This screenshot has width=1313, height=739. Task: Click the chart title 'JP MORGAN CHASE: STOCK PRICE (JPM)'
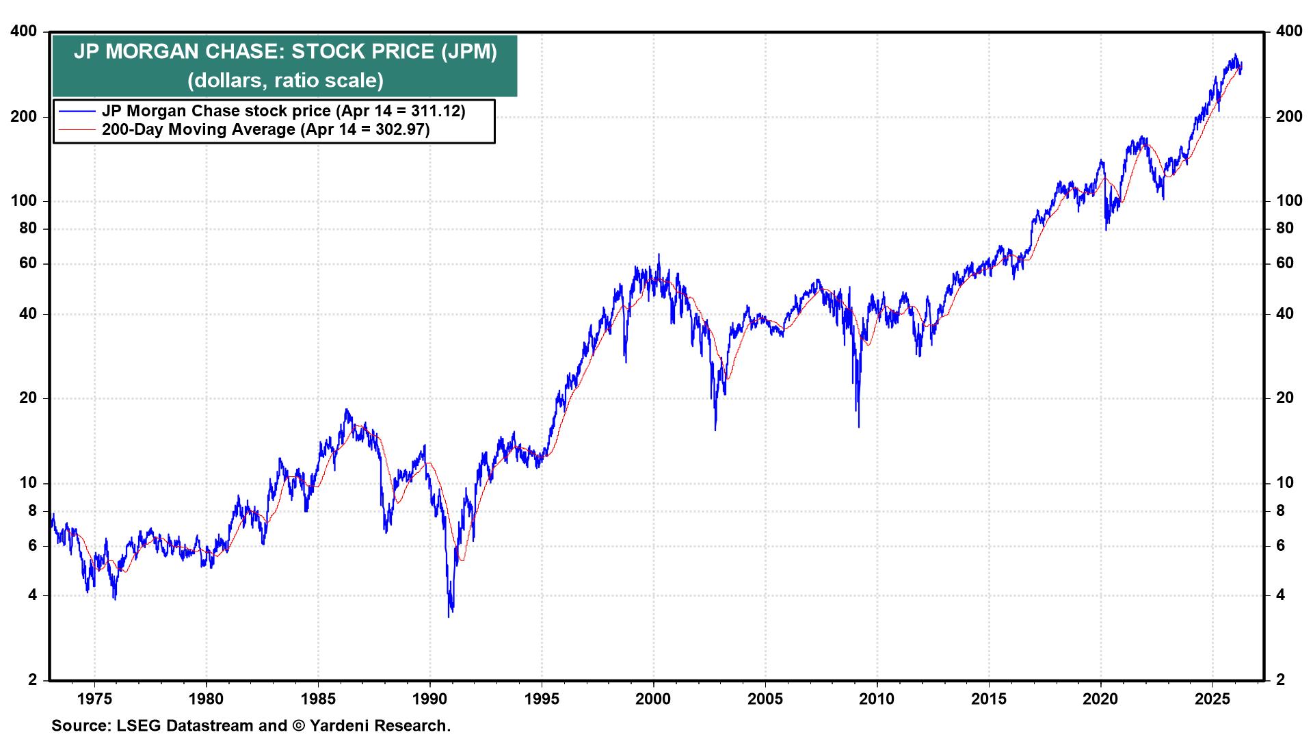tap(285, 52)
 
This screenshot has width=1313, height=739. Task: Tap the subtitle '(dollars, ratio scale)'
tap(285, 80)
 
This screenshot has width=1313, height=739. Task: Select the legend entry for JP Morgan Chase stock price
tap(283, 111)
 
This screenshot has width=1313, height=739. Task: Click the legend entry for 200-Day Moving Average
tap(265, 129)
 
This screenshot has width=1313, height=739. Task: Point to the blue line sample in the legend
tap(77, 111)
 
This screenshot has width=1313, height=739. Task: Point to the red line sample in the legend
tap(77, 129)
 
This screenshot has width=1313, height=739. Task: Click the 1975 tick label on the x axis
tap(94, 699)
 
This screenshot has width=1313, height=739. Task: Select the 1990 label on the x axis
tap(430, 699)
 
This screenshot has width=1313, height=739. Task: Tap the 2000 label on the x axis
tap(654, 699)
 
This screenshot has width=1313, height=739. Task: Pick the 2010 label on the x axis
tap(877, 699)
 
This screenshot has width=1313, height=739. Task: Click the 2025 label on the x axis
tap(1212, 699)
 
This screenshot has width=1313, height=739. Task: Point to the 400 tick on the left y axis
tap(24, 31)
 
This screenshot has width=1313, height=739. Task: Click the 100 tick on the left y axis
tap(24, 201)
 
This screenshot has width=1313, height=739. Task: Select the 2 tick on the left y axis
tap(32, 680)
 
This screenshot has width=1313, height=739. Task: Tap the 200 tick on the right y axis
tap(1289, 116)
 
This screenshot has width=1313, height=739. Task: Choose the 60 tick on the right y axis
tap(1285, 263)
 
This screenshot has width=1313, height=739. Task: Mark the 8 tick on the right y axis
tap(1281, 510)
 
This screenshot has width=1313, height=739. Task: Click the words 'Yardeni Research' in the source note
tap(380, 725)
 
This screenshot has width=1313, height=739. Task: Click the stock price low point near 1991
tap(449, 616)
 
